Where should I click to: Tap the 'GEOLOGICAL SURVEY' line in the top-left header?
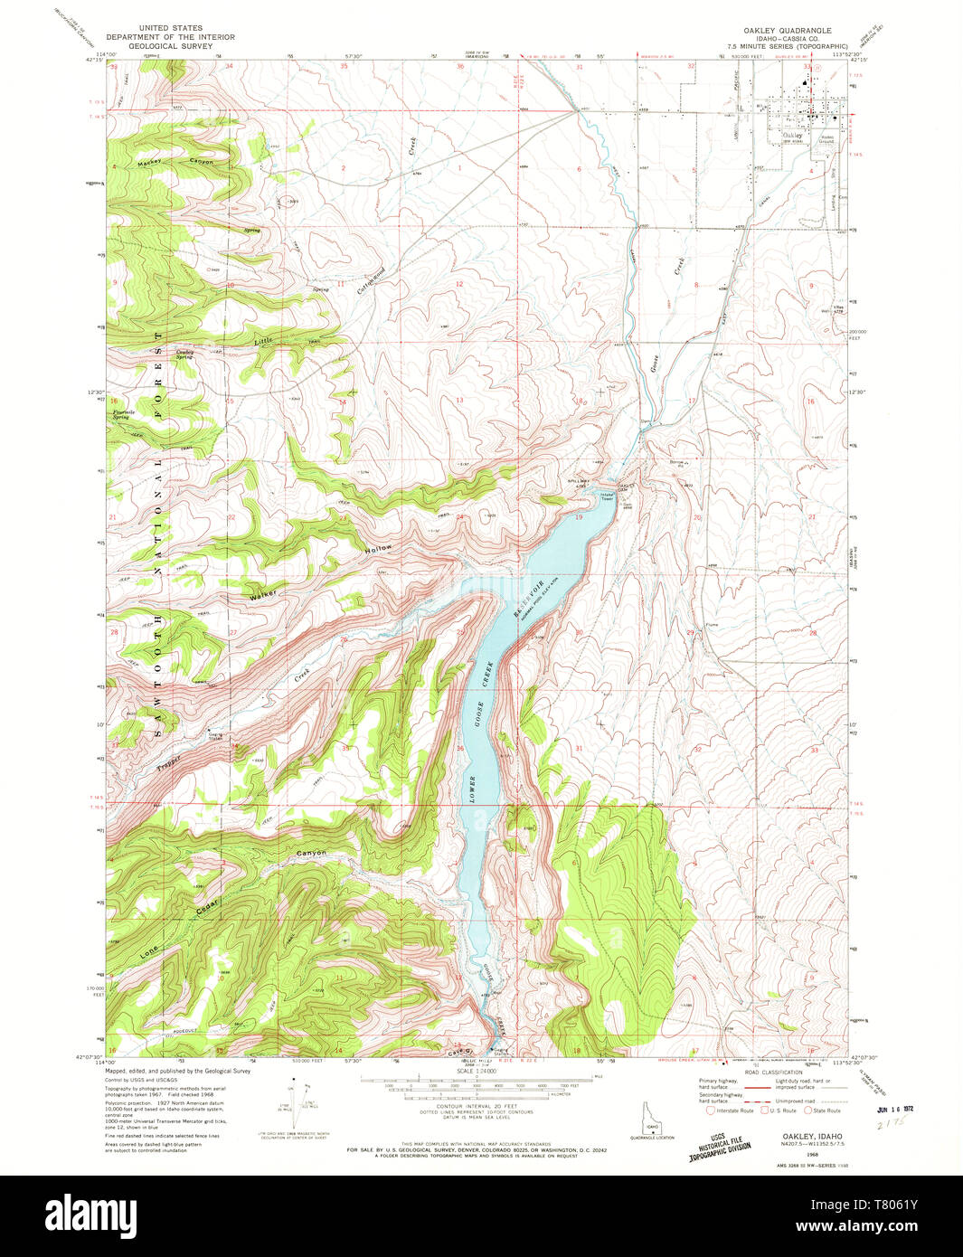tap(170, 46)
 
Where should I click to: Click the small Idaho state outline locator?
tap(650, 1116)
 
